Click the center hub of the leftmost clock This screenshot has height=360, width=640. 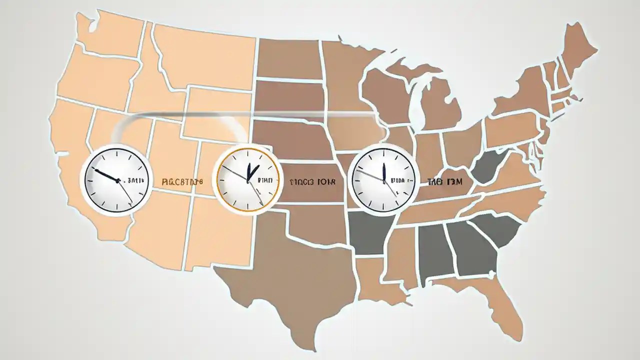[x=118, y=181]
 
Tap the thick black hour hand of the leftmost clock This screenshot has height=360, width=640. [x=106, y=175]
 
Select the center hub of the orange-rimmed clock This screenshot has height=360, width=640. [x=248, y=179]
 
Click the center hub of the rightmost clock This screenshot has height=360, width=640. [x=383, y=179]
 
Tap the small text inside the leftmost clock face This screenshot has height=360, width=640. [x=135, y=180]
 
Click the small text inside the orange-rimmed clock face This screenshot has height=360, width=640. [x=265, y=179]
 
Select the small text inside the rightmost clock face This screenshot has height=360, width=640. [x=401, y=179]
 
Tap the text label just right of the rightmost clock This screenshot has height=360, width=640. [x=445, y=182]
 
